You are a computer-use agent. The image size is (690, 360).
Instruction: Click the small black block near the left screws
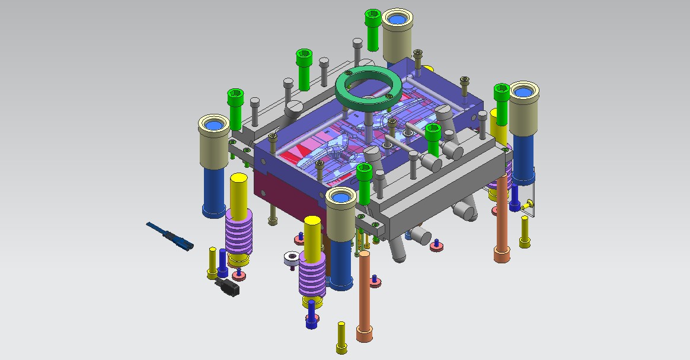(x=229, y=288)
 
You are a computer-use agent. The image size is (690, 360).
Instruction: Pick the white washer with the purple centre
(x=291, y=258)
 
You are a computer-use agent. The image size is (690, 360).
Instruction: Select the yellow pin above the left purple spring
(x=238, y=192)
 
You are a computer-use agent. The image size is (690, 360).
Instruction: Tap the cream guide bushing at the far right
(x=523, y=107)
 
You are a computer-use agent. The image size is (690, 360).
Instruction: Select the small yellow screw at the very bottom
(x=341, y=336)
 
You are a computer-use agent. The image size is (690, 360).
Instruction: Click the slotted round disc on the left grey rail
(x=293, y=109)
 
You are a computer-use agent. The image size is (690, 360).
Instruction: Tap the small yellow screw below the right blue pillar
(x=525, y=232)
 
